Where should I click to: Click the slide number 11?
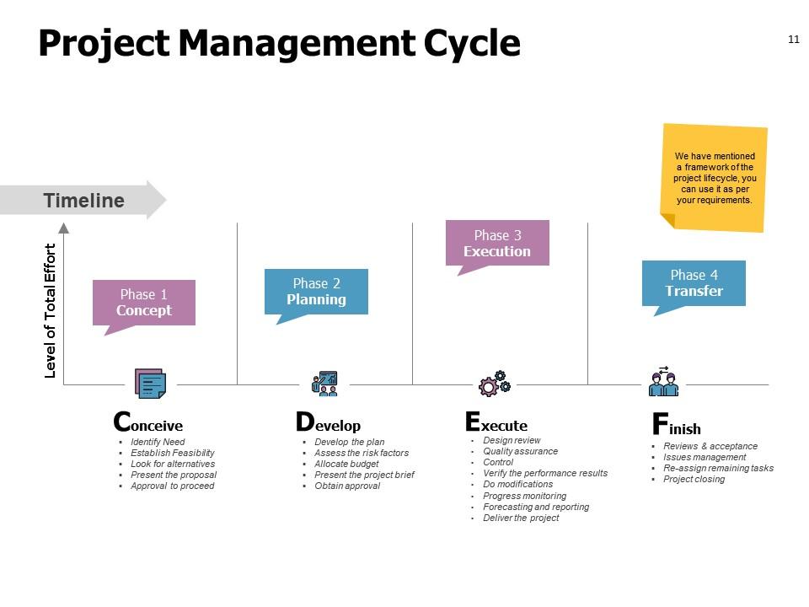(794, 40)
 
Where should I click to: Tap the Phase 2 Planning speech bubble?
(316, 293)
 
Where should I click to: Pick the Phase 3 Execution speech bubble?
(497, 244)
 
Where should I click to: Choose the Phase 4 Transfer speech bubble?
(694, 284)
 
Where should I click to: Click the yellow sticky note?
(714, 178)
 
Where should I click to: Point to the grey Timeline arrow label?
(83, 200)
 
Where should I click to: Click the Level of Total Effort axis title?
(50, 311)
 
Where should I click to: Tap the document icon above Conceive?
(150, 383)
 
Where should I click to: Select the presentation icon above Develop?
(324, 384)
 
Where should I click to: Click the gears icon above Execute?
(495, 384)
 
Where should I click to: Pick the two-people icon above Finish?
(663, 381)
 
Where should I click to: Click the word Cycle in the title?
(472, 43)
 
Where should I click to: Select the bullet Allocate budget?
(346, 464)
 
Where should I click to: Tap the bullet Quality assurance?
(520, 451)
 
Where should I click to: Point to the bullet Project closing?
(694, 479)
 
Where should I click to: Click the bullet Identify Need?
(158, 442)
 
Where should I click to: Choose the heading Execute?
(496, 422)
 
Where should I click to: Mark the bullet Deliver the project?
(521, 518)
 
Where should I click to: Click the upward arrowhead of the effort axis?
(63, 228)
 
